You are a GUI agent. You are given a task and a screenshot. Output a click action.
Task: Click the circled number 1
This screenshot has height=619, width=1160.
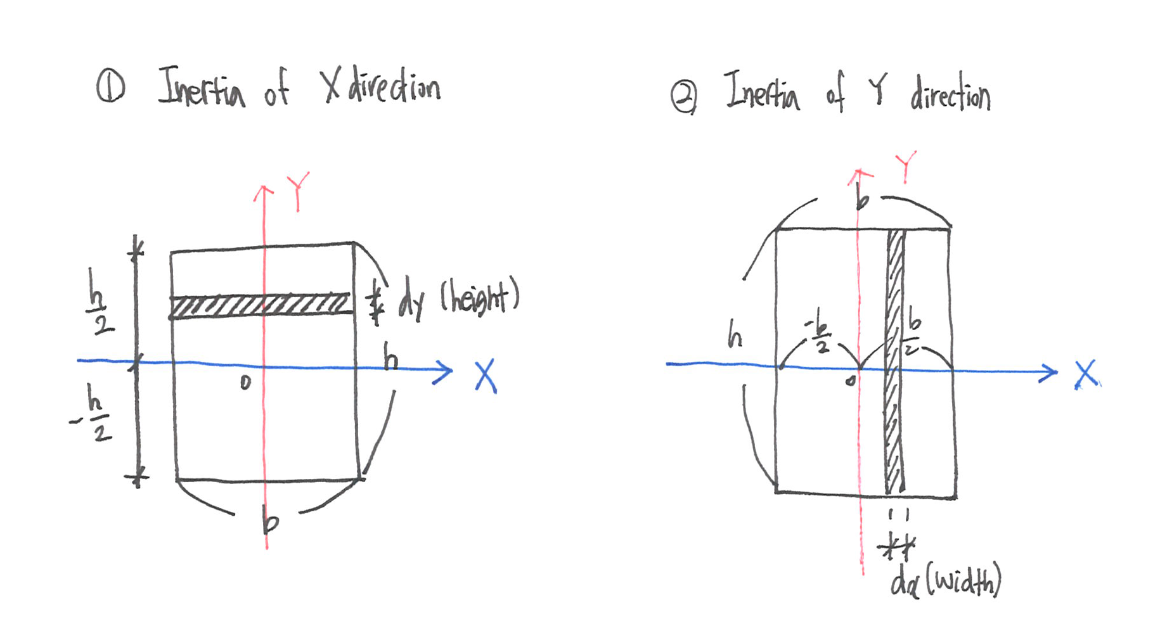click(110, 87)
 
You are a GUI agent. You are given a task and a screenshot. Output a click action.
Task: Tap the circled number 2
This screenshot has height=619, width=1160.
click(684, 98)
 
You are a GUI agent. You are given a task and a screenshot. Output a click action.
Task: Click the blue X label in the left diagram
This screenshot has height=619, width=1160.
click(486, 377)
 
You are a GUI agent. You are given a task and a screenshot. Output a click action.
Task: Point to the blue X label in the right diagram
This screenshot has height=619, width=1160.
click(1086, 374)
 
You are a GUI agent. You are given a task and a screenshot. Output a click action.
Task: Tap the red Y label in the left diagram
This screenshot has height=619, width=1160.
click(297, 190)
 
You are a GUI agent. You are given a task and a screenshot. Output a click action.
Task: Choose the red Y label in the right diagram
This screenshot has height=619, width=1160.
click(906, 166)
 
